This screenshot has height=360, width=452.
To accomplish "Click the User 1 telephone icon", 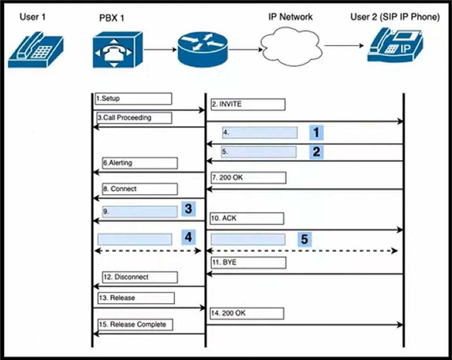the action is point(36,50).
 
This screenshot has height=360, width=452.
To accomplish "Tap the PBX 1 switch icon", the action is point(118,49).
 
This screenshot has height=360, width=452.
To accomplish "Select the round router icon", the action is point(203,49).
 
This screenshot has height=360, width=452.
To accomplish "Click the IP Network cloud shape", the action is point(291,46).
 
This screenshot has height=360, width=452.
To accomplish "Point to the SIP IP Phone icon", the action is point(395,45).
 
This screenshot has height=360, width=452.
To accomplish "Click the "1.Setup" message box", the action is point(133,98).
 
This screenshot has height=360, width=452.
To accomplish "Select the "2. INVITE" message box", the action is point(248,104).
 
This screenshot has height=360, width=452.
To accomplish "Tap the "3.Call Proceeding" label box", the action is point(134,118).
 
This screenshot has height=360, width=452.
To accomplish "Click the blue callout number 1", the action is point(316,132).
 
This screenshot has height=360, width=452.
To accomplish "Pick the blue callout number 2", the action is point(316,152).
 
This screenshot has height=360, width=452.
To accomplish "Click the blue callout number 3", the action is point(189,209).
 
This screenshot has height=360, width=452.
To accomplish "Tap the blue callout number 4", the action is point(189,237).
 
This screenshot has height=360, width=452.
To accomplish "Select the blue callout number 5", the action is point(304,239).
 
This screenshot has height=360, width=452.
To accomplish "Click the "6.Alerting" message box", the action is point(140,163).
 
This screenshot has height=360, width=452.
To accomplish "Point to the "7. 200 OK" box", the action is point(248,178).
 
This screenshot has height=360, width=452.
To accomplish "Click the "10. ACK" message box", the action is point(247,219).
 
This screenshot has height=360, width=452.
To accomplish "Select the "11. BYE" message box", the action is point(248,262).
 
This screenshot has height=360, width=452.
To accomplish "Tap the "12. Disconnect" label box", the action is point(140,277).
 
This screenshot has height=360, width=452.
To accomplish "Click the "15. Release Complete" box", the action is point(135,325).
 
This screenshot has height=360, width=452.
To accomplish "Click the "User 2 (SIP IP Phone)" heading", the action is point(395,17).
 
